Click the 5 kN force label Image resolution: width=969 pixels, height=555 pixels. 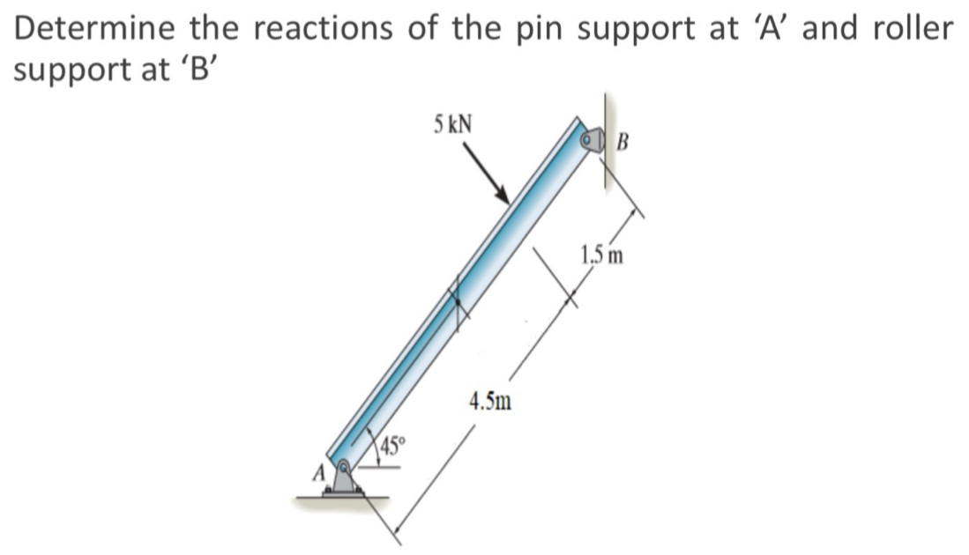coord(451,123)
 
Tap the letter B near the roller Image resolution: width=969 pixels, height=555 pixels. coord(623,141)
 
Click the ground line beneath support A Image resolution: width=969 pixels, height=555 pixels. coord(345,499)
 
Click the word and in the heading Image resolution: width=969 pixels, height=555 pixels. coord(837,28)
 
